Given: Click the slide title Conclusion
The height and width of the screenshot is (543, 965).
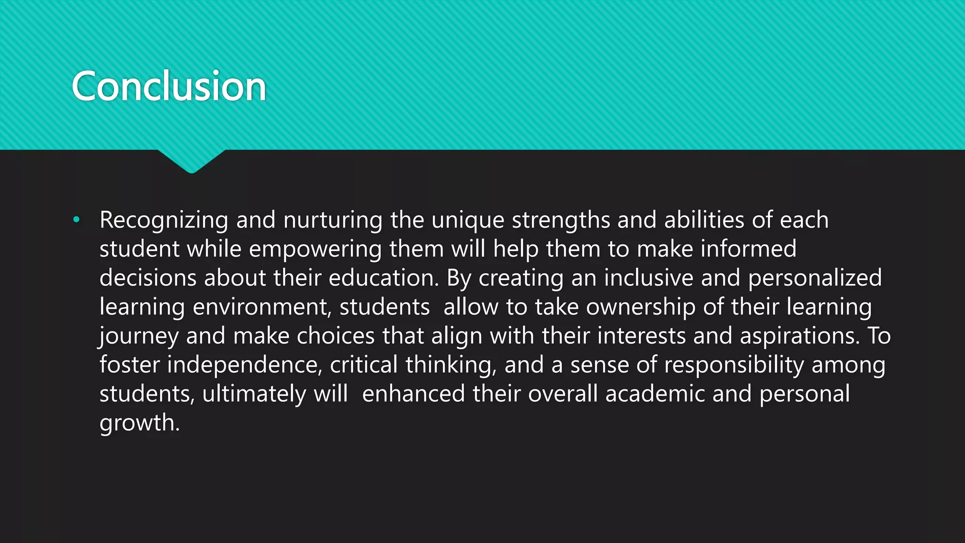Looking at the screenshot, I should pos(169,86).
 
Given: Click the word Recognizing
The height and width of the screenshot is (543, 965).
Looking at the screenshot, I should pos(164,220).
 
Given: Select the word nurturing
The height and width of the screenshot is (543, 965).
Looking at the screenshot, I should pos(333,220).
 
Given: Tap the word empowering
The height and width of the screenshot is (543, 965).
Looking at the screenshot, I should pos(315,249).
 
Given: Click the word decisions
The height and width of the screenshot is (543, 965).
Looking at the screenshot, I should pos(147,278).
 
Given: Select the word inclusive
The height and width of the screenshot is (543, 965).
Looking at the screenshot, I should pos(648,278).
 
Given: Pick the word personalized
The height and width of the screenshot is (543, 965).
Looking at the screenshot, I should pos(815,278).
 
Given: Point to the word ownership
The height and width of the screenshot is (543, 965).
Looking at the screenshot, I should pos(641,307).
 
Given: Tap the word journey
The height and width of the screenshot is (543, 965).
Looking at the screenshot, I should pos(139,337).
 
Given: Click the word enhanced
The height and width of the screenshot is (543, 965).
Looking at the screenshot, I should pos(414,394).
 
